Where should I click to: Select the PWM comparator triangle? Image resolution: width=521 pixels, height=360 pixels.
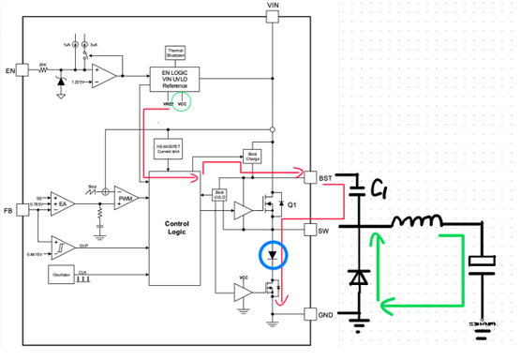pos(126,200)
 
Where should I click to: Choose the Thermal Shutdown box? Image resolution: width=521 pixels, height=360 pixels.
pos(175,52)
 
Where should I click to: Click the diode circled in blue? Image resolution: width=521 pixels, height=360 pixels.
pos(272,253)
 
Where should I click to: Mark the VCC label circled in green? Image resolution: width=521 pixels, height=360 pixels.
pos(183,104)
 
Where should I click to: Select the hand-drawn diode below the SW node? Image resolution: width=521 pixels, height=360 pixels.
pos(358,277)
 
